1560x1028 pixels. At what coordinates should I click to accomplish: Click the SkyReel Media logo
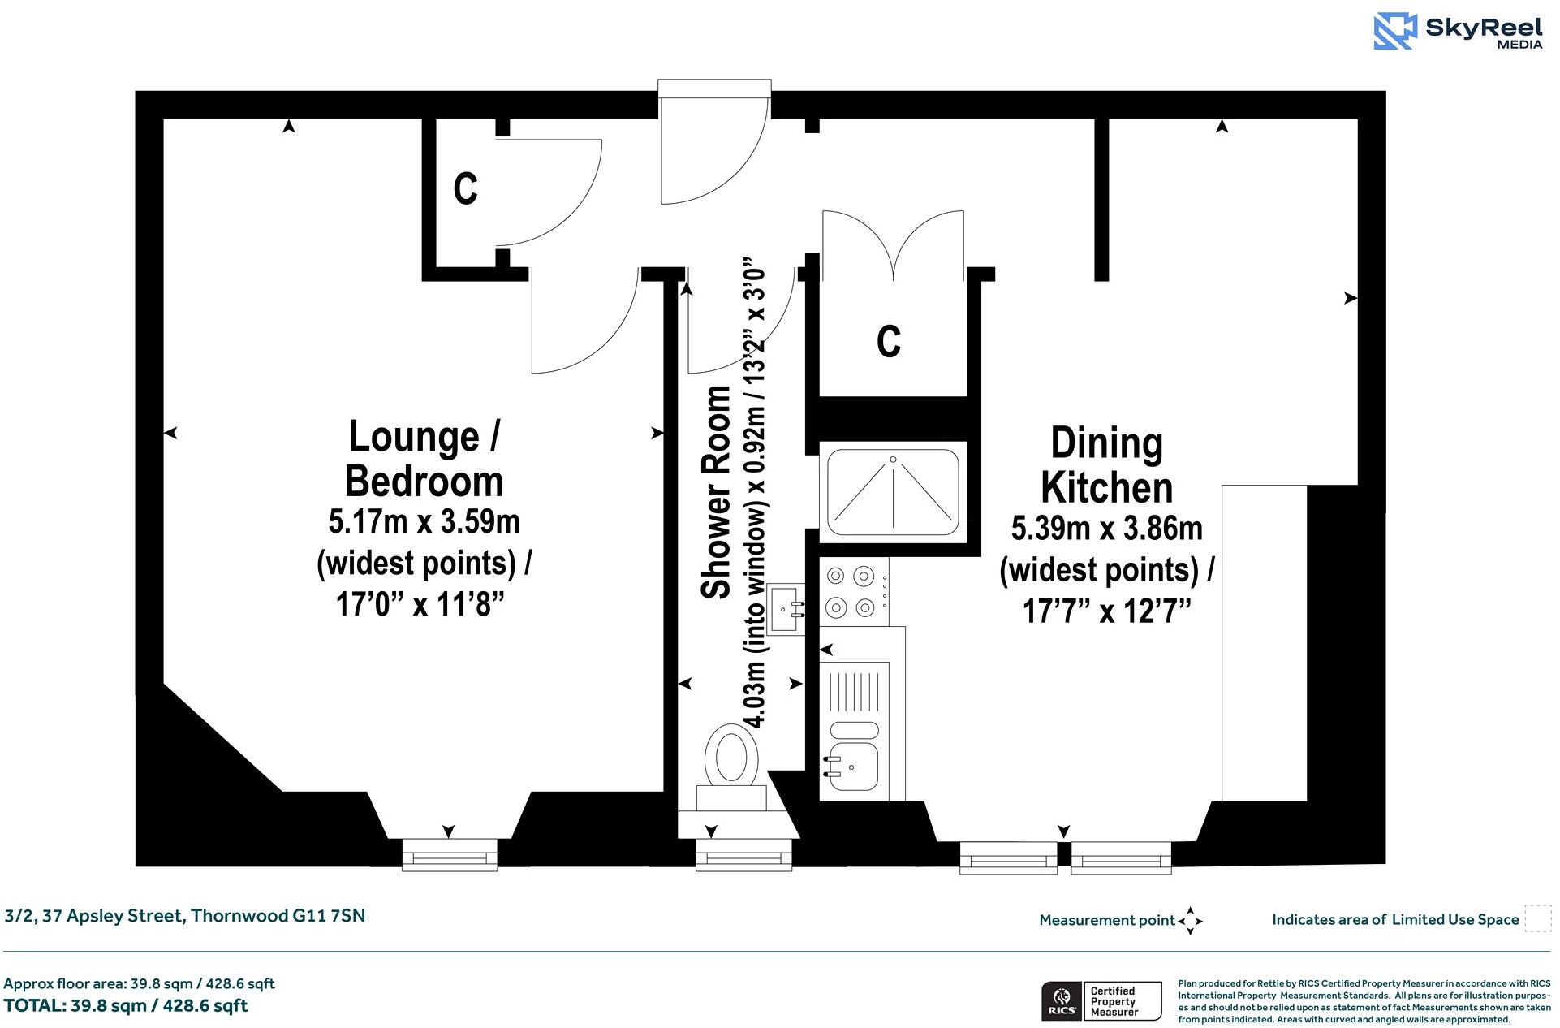[x=1458, y=32]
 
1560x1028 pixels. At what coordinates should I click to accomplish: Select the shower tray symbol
[x=893, y=492]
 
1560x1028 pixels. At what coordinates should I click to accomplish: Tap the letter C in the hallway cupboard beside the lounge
[x=465, y=188]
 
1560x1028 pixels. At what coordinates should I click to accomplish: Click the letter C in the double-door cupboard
[x=889, y=341]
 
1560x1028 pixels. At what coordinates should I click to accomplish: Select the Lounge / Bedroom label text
[x=424, y=459]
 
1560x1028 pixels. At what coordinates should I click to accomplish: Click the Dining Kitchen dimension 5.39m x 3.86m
[x=1106, y=529]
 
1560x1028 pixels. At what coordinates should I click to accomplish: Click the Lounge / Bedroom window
[x=450, y=855]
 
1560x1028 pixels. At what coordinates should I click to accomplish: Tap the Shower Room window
[x=743, y=856]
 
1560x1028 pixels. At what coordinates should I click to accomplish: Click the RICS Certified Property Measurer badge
[x=1101, y=1001]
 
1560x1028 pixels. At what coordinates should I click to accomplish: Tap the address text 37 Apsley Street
[x=185, y=916]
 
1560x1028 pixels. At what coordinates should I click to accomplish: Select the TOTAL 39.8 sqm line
[x=126, y=1006]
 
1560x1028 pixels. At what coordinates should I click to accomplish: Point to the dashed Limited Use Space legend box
[x=1536, y=919]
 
